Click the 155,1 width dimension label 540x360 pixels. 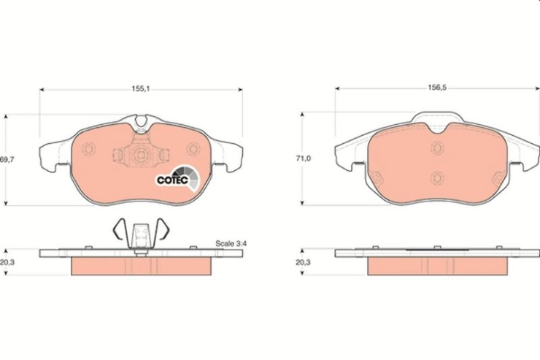[x=141, y=88]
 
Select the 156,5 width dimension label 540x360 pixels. [x=437, y=88]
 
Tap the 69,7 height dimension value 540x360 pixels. [x=7, y=159]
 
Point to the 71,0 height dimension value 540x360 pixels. [x=304, y=158]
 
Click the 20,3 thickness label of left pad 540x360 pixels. [x=7, y=262]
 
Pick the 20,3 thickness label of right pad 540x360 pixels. [x=303, y=262]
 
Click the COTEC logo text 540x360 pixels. [x=172, y=180]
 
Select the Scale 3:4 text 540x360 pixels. [x=231, y=244]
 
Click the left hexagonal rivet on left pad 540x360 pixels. [x=88, y=149]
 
